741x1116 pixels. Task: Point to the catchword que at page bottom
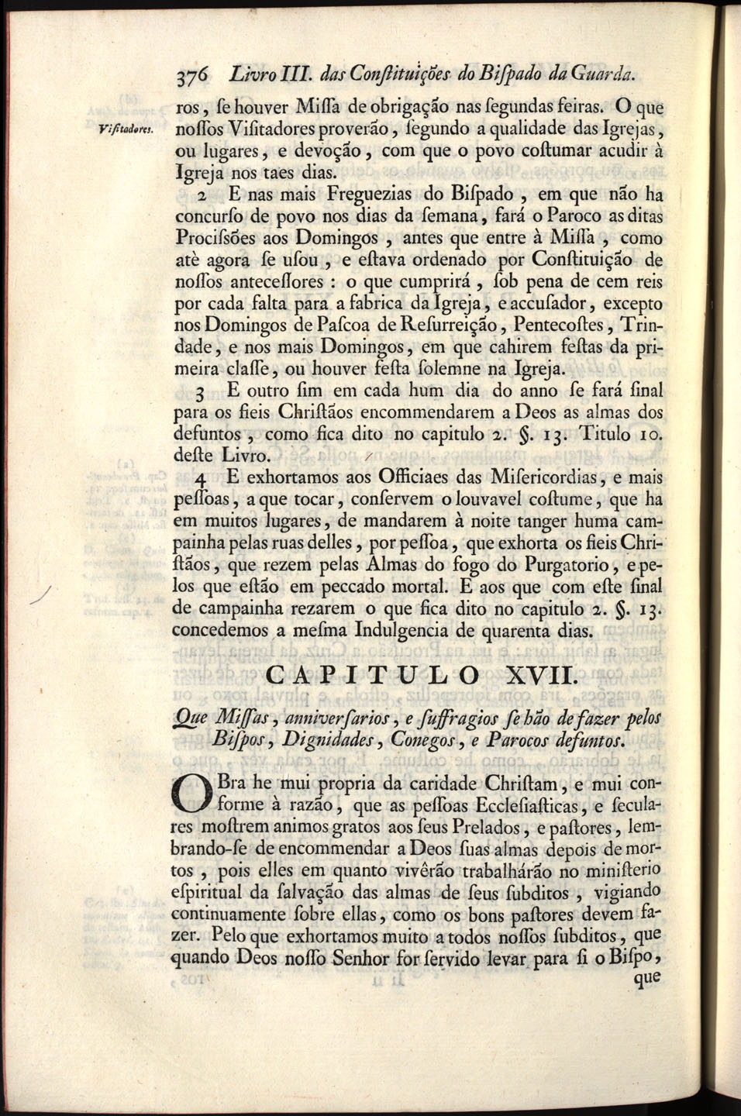pos(646,978)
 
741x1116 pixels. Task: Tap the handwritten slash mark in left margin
pos(38,594)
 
